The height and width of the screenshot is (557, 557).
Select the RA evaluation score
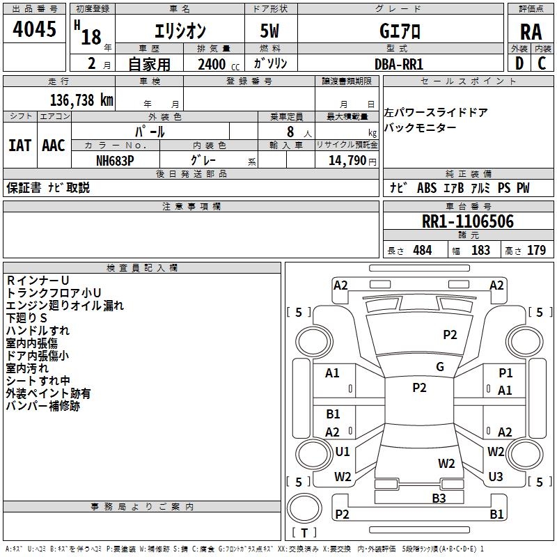(x=531, y=32)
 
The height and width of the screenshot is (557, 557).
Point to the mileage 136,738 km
(x=81, y=100)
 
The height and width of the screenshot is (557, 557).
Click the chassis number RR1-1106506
(x=468, y=222)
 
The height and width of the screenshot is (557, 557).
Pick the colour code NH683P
(x=115, y=159)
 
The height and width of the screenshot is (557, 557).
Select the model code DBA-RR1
(x=399, y=64)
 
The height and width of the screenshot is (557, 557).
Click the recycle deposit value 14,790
(x=347, y=159)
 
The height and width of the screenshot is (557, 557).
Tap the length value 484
(x=422, y=251)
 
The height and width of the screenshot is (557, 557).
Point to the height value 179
(x=536, y=251)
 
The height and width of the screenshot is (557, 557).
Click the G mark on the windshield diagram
(x=440, y=367)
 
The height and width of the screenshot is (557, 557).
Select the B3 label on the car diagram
(x=439, y=498)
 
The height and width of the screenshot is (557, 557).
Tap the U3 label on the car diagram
(x=496, y=477)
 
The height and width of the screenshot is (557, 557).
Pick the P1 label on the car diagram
(x=505, y=374)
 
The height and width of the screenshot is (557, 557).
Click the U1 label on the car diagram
(x=343, y=452)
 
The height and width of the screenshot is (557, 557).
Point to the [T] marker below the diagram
(x=304, y=533)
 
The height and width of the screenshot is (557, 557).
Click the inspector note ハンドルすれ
(x=38, y=331)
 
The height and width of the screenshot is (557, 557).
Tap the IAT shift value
(x=19, y=146)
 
